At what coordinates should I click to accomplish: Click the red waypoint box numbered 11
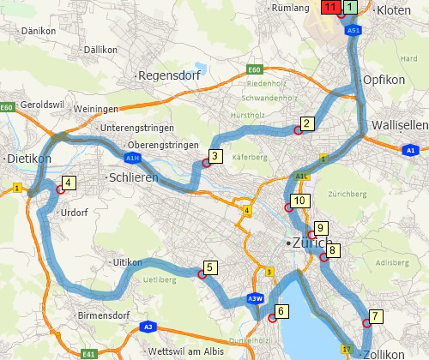coord(329,7)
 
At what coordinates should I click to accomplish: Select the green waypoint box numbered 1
coord(350,7)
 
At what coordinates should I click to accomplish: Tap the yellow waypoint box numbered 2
coord(305,123)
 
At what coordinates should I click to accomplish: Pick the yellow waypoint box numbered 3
coord(215,156)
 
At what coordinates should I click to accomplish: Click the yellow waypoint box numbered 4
coord(69,182)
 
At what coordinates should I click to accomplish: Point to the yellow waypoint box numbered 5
coord(209,267)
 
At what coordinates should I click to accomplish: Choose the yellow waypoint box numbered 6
coord(281,310)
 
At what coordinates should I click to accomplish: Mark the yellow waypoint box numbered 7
coord(376,315)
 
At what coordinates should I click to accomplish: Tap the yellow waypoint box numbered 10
coord(299,201)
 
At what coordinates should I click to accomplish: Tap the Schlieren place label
coord(133,176)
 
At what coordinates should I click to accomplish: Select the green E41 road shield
coord(89,352)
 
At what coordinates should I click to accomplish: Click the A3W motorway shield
coord(254,298)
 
